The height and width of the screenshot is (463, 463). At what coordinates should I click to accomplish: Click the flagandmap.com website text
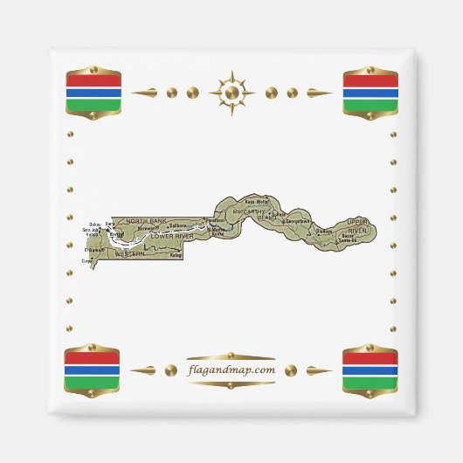tap(231, 370)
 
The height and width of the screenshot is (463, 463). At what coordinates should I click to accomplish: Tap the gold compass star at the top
tap(231, 92)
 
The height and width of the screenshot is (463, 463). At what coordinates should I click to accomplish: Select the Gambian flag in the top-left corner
tap(93, 93)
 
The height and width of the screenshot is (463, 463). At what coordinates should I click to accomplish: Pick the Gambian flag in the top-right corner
tap(370, 93)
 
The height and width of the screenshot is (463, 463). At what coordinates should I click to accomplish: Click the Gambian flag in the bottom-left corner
tap(93, 370)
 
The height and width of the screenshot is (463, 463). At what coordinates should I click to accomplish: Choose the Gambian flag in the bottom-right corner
tap(370, 370)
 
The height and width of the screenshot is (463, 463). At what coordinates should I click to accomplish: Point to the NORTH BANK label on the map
tap(146, 221)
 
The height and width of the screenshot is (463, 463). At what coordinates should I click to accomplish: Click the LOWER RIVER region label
tap(172, 236)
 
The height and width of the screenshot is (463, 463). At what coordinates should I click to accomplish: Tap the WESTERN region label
tap(129, 253)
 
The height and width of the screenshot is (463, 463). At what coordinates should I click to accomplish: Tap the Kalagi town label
tap(176, 256)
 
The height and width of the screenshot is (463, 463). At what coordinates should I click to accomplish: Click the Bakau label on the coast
tap(94, 224)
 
